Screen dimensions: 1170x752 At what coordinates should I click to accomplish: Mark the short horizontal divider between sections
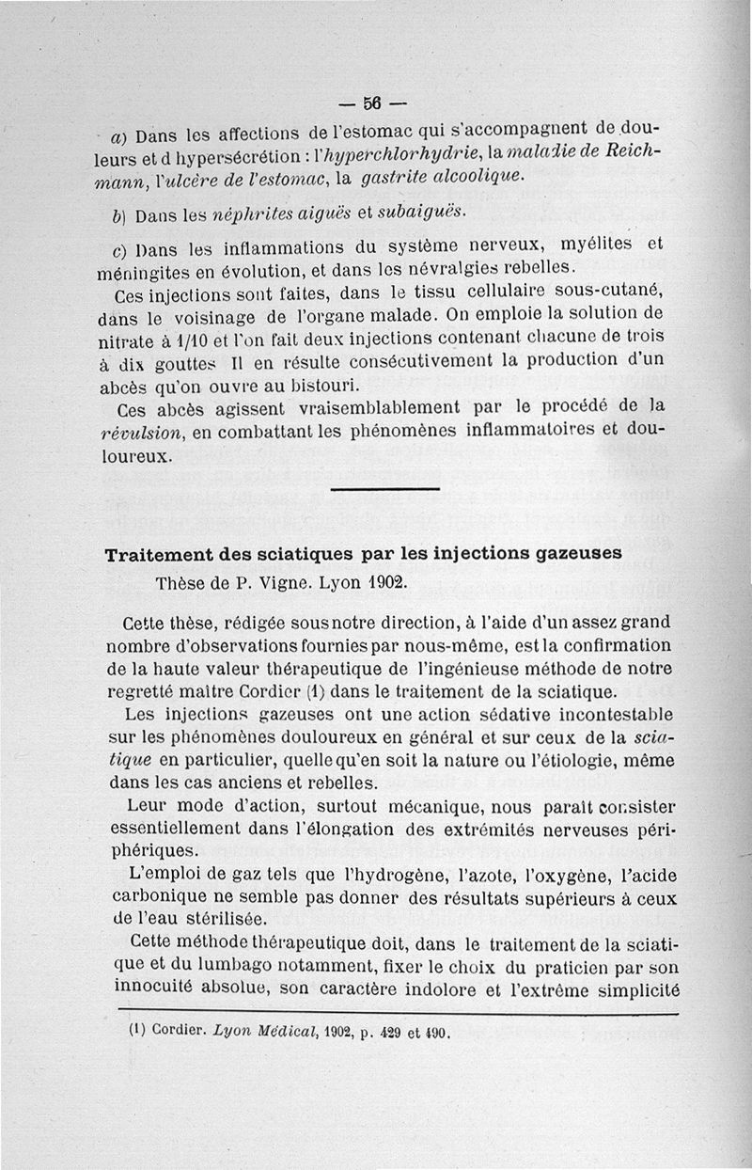click(x=385, y=488)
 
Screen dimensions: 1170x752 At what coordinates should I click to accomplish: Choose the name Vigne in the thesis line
click(x=271, y=581)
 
